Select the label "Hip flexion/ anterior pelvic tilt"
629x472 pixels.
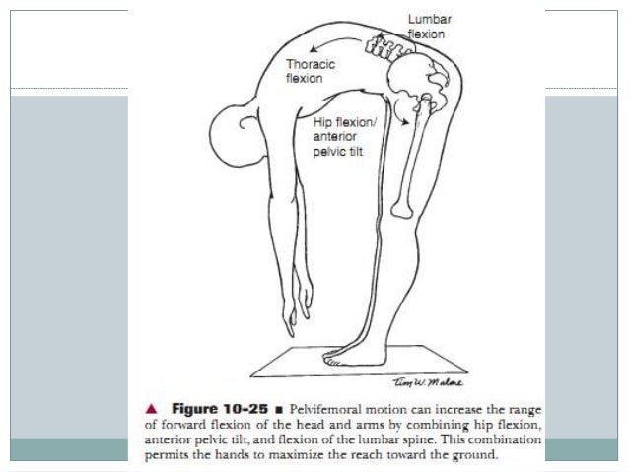(339, 135)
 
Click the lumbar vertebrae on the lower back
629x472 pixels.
(376, 43)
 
